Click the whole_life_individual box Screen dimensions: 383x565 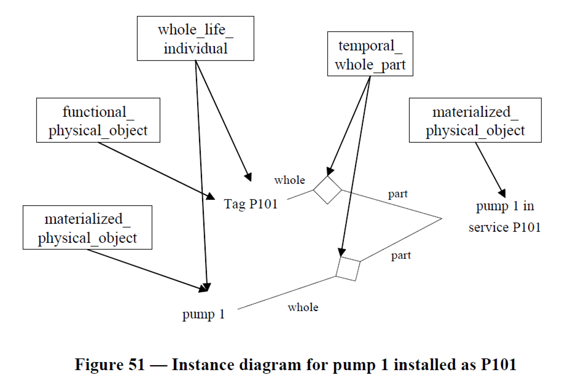(195, 38)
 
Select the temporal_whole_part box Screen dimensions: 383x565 (370, 55)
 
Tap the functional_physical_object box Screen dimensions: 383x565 (98, 120)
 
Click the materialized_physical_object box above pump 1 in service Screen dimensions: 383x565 (475, 120)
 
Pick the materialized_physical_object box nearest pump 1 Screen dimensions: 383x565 (87, 227)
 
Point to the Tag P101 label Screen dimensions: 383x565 (251, 204)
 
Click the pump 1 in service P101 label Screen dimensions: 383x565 (504, 216)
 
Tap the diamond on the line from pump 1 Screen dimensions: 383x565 (348, 269)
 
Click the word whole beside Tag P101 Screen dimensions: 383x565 (289, 180)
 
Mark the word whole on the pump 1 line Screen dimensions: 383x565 (303, 307)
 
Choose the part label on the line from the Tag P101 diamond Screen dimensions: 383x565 (397, 194)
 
